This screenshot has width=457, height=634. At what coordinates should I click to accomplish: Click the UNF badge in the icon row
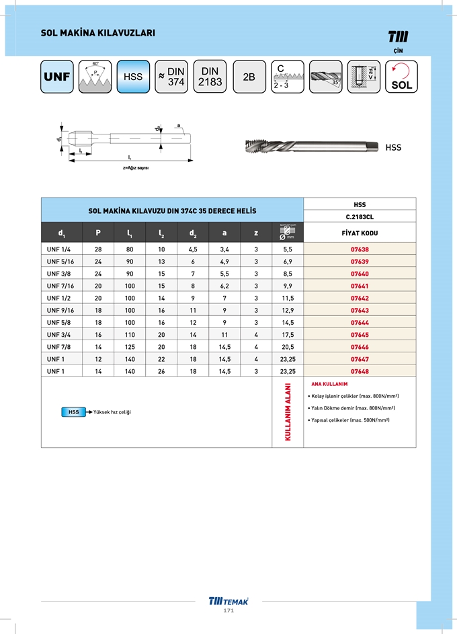tap(56, 77)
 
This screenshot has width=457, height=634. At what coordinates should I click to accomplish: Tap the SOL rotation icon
tap(401, 77)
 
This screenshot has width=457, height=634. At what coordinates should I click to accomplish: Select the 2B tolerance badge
tap(249, 77)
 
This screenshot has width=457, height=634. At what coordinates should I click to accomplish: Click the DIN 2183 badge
tap(210, 77)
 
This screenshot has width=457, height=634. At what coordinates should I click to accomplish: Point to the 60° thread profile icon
tap(95, 77)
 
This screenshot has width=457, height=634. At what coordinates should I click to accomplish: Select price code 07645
tap(360, 334)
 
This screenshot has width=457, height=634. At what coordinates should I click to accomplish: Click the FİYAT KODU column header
tap(360, 233)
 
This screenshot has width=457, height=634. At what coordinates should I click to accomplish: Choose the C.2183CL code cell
tap(360, 216)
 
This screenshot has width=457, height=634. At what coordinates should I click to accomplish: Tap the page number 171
tap(228, 610)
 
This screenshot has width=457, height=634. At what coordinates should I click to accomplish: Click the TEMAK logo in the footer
tap(228, 601)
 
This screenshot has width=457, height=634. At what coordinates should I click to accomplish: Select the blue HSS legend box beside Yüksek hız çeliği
tap(73, 411)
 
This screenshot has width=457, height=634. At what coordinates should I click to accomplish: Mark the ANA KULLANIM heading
tap(329, 383)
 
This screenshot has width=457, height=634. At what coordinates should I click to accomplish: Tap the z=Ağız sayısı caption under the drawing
tap(135, 167)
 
